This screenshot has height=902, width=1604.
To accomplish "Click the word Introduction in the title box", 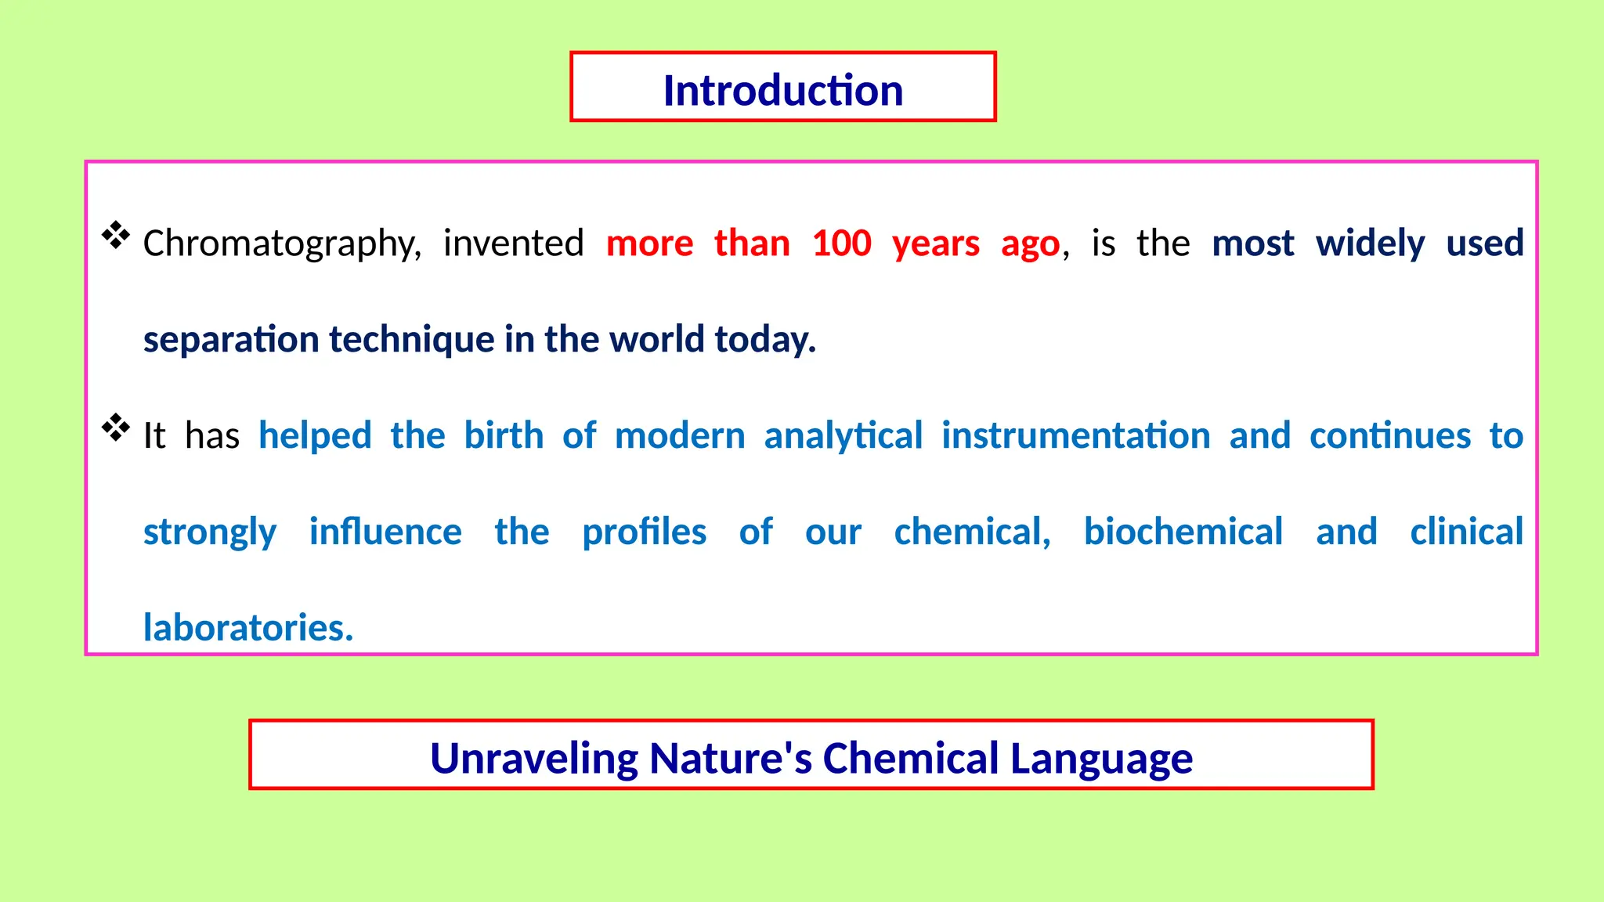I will [782, 90].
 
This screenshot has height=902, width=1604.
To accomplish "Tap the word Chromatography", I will [281, 244].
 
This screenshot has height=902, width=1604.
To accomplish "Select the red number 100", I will [841, 244].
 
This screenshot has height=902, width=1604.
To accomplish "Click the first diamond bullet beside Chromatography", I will [116, 236].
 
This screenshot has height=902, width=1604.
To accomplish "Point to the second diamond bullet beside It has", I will [116, 428].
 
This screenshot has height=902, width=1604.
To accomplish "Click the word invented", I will [513, 244].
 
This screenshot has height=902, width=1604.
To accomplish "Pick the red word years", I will [935, 244].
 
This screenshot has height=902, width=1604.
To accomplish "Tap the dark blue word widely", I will [1370, 244].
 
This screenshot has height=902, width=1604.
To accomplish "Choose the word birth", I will [504, 435].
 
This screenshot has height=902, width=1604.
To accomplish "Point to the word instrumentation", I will [1075, 435].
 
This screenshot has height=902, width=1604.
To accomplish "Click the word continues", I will [1390, 435].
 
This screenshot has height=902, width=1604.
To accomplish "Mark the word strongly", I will [210, 532].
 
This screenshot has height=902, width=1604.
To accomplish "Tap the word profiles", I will [644, 532].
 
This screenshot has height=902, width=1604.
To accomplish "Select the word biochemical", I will [1183, 532].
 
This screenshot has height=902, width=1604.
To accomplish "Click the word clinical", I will [1466, 532].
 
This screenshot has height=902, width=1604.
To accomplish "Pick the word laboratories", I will [247, 628].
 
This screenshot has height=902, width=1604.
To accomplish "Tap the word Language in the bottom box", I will [1100, 758].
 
